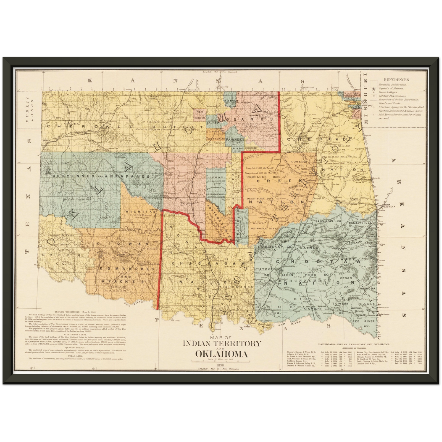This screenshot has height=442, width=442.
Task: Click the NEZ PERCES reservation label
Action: (x=199, y=115)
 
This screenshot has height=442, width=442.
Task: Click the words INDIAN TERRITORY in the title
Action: (x=222, y=343)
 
